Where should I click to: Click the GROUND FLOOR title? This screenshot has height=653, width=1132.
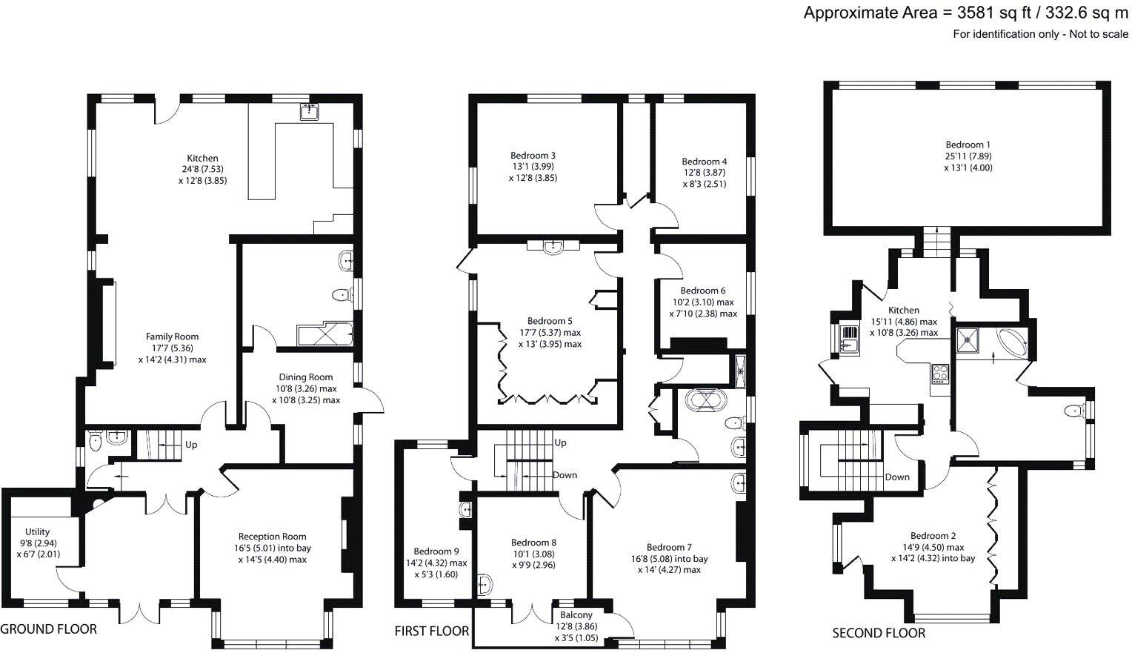point(49,629)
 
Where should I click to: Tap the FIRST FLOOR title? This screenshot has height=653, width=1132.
point(432,631)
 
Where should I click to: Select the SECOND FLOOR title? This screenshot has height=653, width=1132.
point(879,633)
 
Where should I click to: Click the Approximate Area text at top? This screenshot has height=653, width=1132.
point(966,13)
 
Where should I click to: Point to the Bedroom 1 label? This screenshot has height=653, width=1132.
point(968,145)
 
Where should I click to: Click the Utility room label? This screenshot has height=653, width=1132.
point(37,531)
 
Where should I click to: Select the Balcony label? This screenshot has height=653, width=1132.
point(576,614)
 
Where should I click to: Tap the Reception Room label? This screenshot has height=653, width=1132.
point(272,536)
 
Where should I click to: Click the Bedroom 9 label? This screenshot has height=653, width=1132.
point(436,551)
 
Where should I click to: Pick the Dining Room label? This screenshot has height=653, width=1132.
point(305,377)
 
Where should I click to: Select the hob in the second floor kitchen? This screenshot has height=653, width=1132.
point(939,373)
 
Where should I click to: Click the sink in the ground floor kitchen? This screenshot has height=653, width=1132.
point(309,112)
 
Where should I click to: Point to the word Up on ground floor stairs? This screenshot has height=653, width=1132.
point(192,445)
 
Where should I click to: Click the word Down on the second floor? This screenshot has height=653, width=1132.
point(897,477)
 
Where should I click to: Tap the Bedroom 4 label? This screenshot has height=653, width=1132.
point(704,161)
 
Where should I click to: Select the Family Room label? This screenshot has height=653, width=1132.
point(172,337)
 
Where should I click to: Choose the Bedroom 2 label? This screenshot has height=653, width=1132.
point(933,536)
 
